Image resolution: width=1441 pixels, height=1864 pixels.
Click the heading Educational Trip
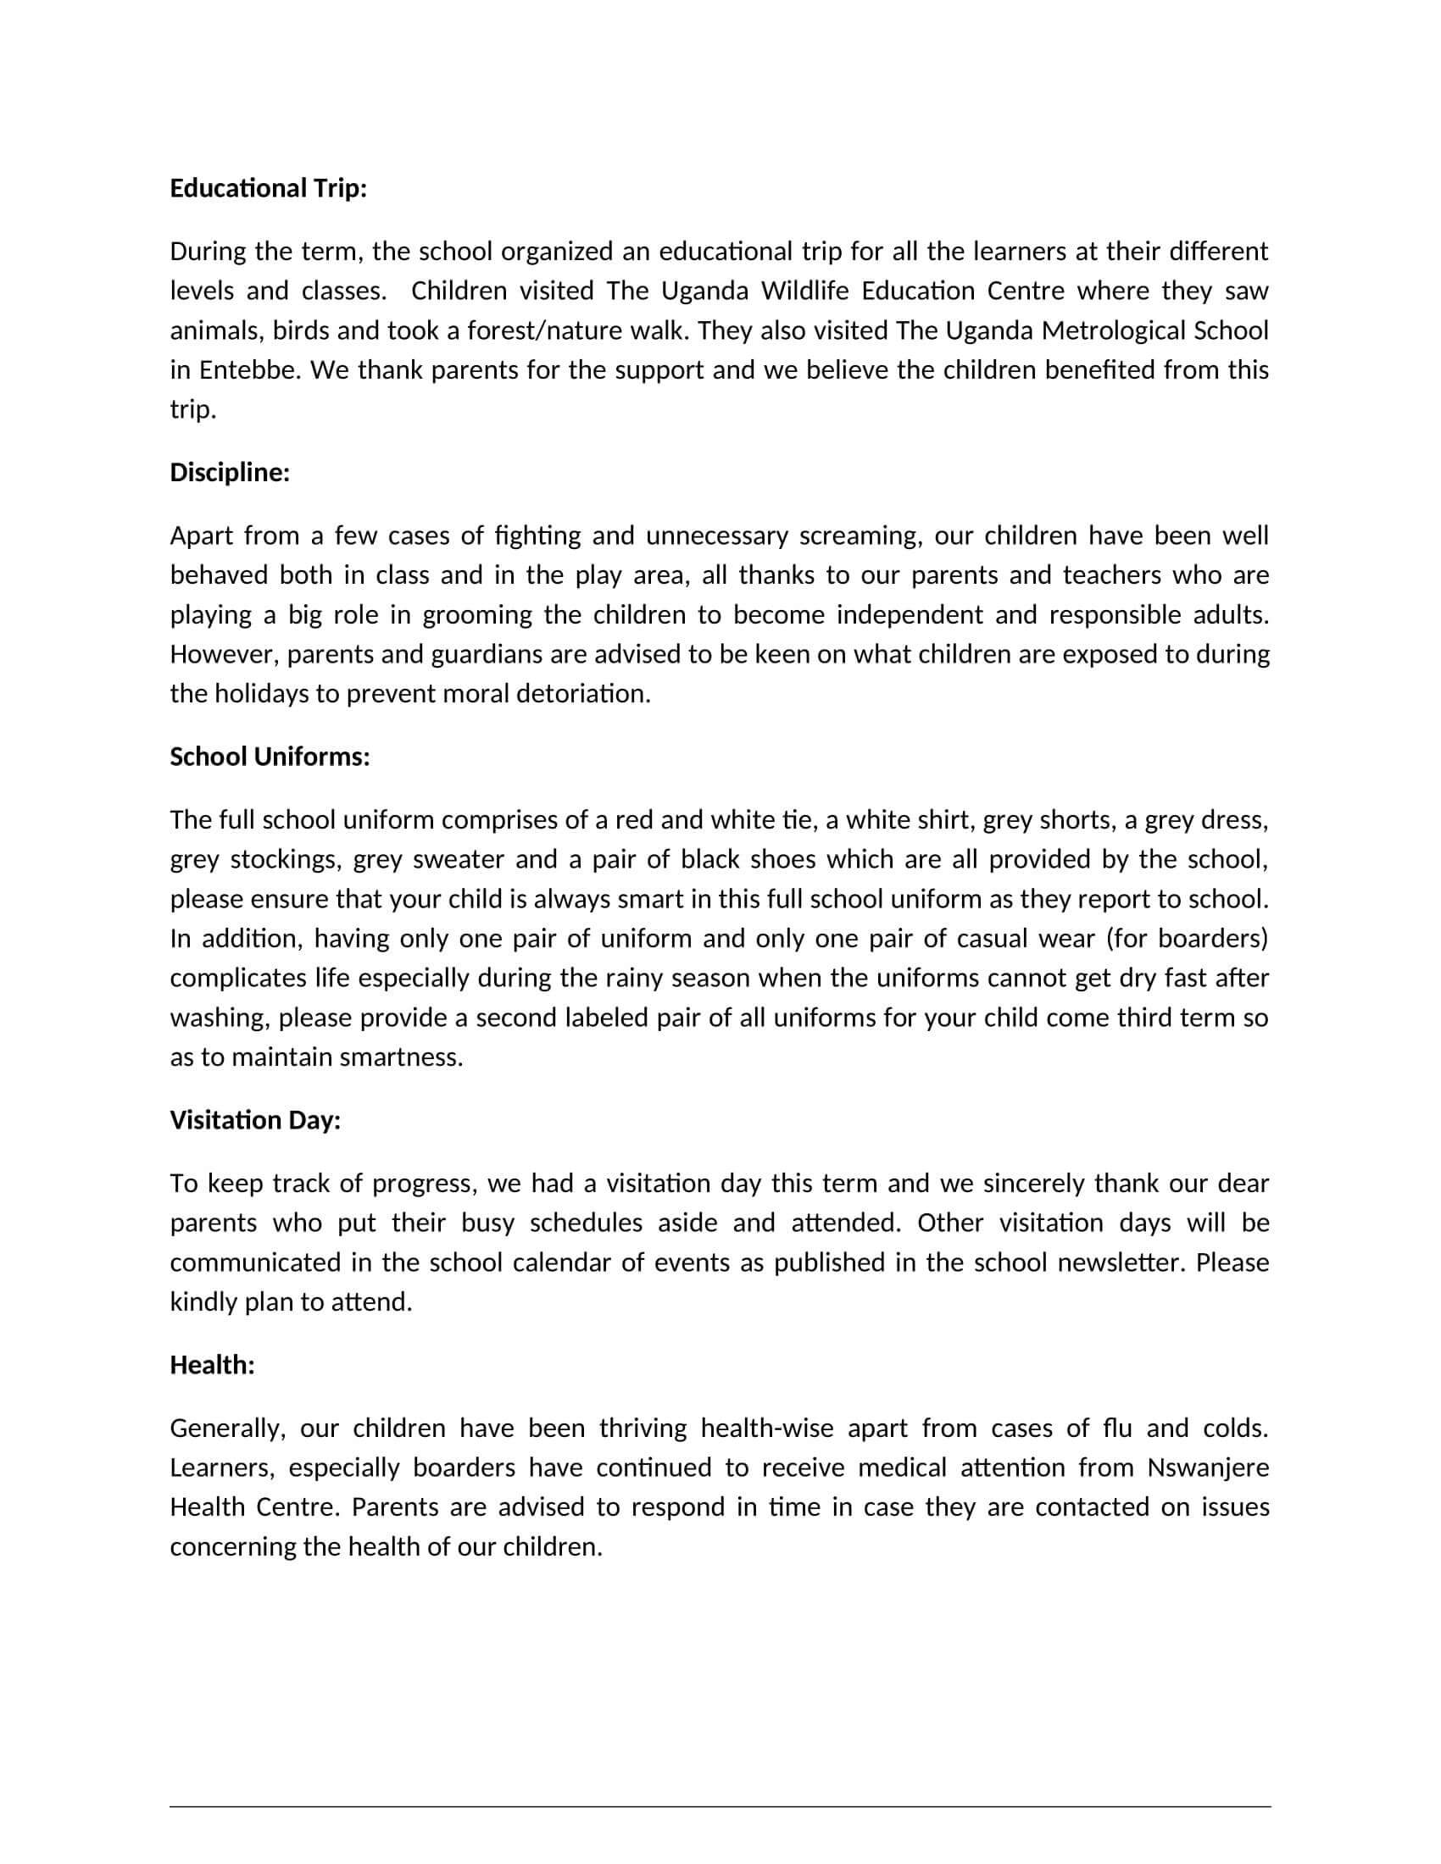coord(268,189)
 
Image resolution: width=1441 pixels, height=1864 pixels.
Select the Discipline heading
coord(230,473)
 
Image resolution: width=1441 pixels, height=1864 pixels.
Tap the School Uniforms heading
coord(270,757)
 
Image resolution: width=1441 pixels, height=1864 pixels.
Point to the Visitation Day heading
coord(255,1120)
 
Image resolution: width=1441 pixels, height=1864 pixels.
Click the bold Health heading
coord(213,1365)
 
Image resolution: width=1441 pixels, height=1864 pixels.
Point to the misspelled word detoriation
coord(583,694)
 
